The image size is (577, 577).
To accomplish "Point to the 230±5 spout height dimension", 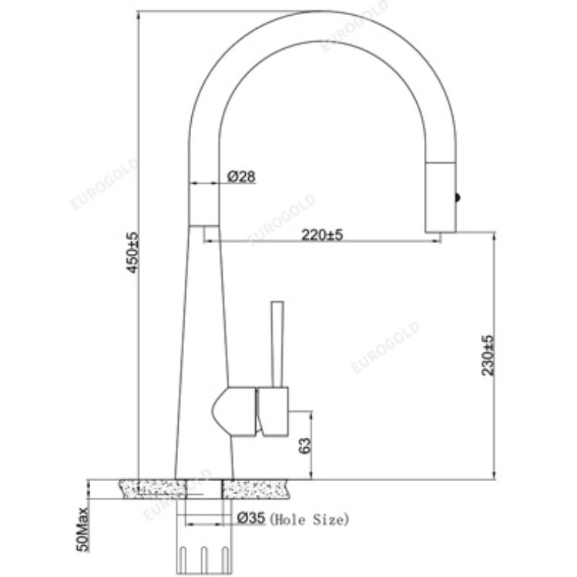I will (x=488, y=355).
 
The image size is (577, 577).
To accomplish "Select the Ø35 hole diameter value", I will (x=251, y=518).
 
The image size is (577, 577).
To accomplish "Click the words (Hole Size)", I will (x=309, y=518).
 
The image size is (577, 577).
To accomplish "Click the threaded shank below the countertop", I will (x=204, y=552).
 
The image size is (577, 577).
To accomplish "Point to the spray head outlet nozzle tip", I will (x=441, y=229).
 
